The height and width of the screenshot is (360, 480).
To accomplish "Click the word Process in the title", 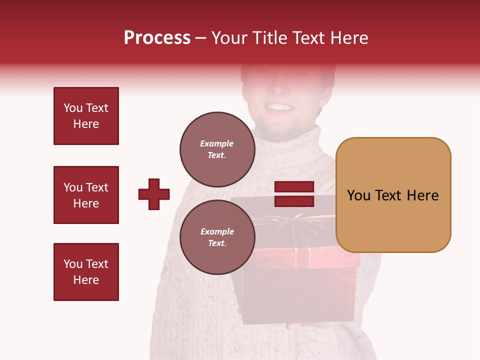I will click(x=157, y=38).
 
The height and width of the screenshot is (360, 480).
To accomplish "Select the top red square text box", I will click(x=86, y=116).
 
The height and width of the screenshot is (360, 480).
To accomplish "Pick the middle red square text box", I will click(x=86, y=195).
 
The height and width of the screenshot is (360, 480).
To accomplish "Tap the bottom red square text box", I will click(x=86, y=272).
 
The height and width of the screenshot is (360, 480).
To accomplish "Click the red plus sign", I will click(x=154, y=194).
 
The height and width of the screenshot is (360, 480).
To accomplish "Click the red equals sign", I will click(x=294, y=194).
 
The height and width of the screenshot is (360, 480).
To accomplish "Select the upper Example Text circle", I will click(x=217, y=149).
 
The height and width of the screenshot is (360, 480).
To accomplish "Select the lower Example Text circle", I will click(x=217, y=237).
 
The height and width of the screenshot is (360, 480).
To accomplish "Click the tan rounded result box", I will click(x=393, y=195).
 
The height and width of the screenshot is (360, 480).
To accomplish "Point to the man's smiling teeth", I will click(x=279, y=107).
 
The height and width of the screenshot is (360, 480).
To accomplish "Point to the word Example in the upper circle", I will click(x=217, y=143).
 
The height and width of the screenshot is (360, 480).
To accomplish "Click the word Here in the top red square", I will click(x=86, y=124).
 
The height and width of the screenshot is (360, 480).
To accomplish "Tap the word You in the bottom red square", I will click(x=72, y=264).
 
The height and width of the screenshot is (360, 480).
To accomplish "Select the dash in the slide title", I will click(x=201, y=38).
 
